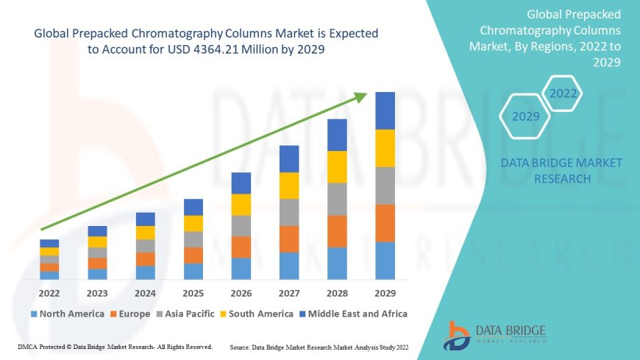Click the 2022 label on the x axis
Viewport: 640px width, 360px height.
(x=49, y=292)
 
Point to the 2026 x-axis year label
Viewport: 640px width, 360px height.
(x=241, y=292)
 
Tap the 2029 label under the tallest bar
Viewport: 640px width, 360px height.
(x=385, y=292)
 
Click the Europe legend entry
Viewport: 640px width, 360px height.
(x=133, y=314)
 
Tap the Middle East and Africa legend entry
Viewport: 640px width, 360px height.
(x=356, y=314)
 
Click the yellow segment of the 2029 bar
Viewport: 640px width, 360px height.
(x=385, y=148)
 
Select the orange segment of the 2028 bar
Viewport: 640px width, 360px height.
(x=337, y=231)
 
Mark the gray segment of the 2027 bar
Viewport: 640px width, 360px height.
(x=289, y=212)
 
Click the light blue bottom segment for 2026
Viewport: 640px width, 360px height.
(x=241, y=269)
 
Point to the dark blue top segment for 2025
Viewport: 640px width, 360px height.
(x=193, y=207)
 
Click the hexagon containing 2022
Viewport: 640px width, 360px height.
(x=563, y=93)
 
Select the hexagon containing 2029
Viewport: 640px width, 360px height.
(x=525, y=116)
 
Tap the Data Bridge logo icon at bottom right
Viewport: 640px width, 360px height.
(x=458, y=335)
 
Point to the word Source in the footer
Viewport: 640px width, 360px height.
(x=242, y=347)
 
